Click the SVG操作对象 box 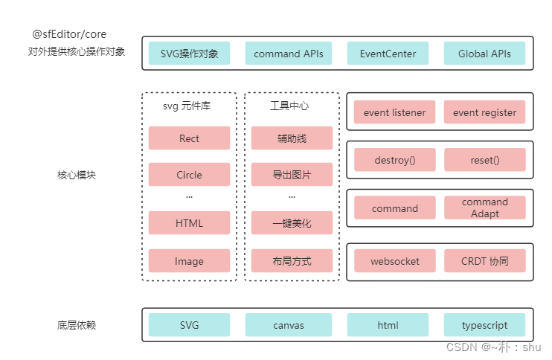click(x=189, y=54)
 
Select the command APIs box click(x=289, y=54)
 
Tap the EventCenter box click(x=388, y=54)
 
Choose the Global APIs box click(x=484, y=54)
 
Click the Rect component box click(x=189, y=138)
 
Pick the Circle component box click(x=189, y=175)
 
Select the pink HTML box click(x=189, y=223)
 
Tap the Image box click(x=189, y=261)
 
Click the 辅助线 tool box click(x=292, y=138)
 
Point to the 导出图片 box click(x=292, y=175)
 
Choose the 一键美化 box click(x=292, y=223)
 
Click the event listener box click(x=394, y=112)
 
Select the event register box click(x=484, y=112)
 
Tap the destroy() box click(x=394, y=160)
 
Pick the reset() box click(x=484, y=160)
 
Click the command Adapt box click(x=484, y=208)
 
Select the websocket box click(x=394, y=261)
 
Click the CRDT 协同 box click(x=484, y=261)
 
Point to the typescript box click(x=484, y=325)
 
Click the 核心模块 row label click(x=77, y=176)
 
